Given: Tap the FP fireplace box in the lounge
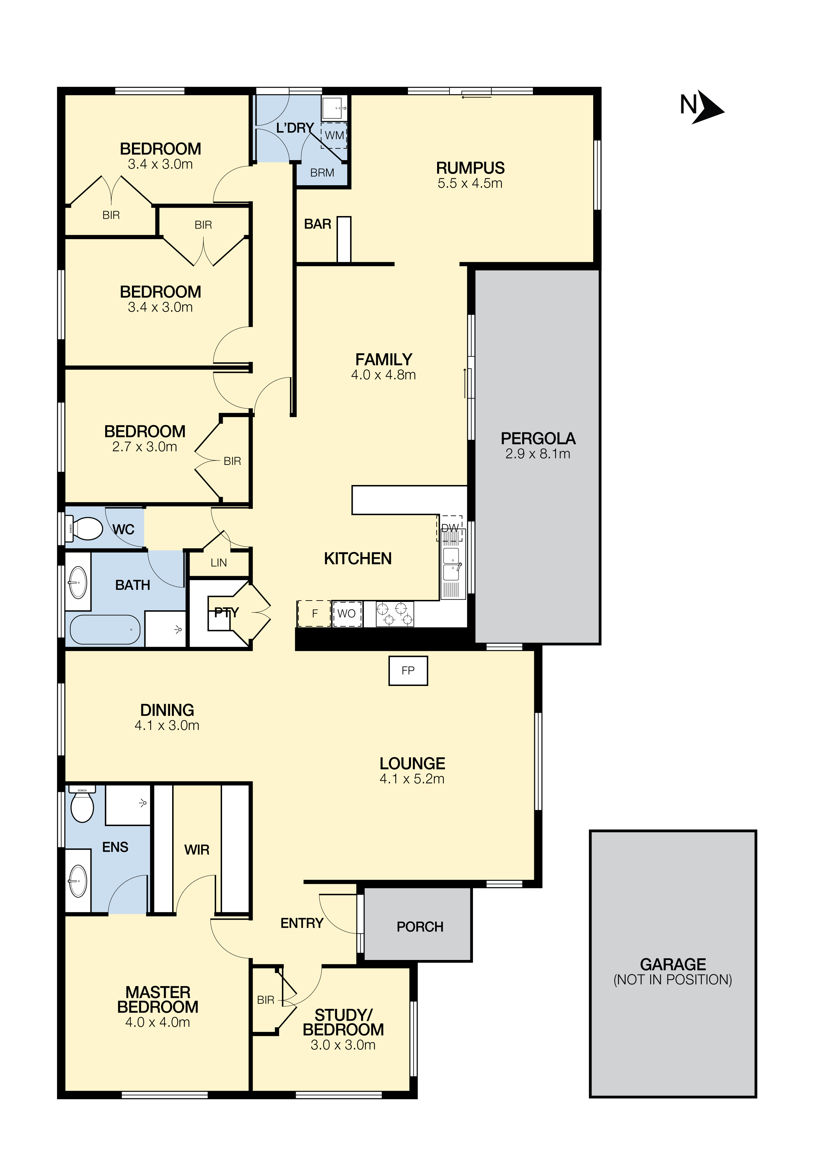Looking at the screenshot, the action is [408, 671].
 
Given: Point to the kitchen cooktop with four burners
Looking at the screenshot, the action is [395, 614].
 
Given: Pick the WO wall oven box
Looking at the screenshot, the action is [347, 614].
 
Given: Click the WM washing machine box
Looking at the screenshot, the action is [334, 136].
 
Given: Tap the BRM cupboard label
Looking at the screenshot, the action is [322, 173].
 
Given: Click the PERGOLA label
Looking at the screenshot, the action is [538, 438].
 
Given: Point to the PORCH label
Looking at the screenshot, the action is [420, 927].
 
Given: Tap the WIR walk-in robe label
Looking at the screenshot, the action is [197, 850].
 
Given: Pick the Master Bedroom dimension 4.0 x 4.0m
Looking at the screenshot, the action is [158, 1023].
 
